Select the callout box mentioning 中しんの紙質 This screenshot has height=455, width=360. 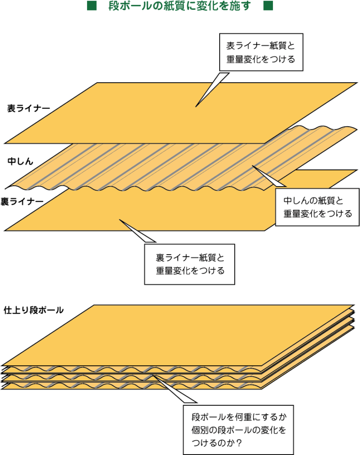317,207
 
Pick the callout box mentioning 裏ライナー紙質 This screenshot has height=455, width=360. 190,264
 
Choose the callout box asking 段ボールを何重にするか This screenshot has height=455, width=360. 238,430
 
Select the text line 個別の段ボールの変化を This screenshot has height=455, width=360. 239,430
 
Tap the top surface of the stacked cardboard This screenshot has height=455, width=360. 178,333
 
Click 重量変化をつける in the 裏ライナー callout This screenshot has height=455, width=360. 190,270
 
